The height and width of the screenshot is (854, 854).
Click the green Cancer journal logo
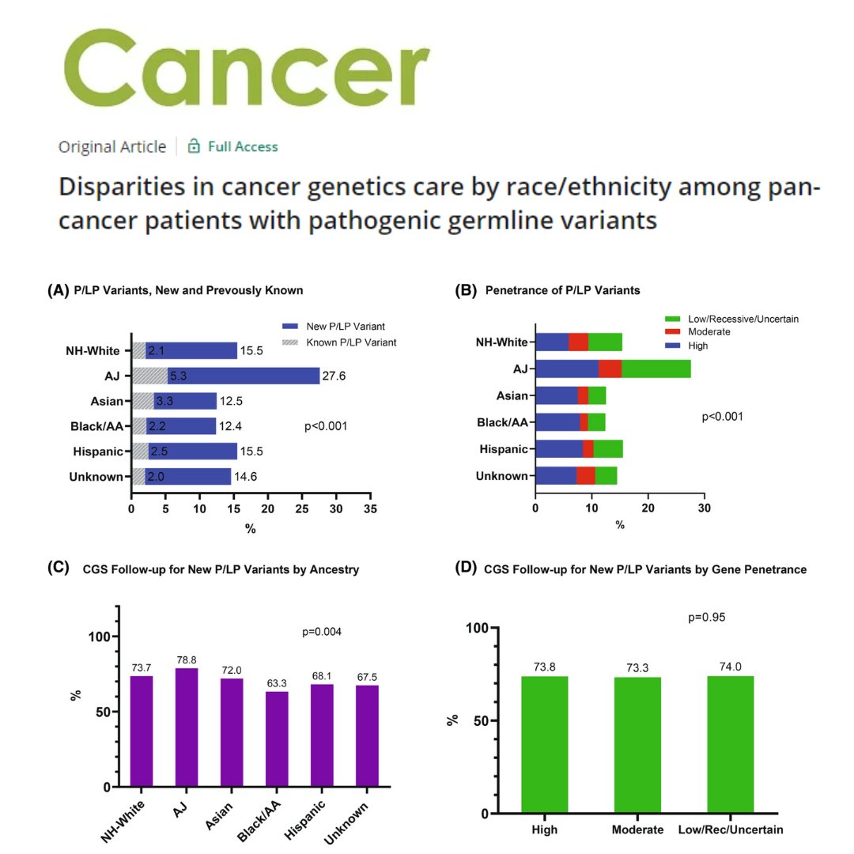(244, 71)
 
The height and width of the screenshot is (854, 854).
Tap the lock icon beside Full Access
(194, 146)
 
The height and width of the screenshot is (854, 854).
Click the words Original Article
(112, 146)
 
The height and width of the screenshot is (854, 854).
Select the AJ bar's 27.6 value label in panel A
(335, 376)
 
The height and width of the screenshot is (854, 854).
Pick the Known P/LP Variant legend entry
(338, 342)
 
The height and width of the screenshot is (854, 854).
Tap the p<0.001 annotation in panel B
(722, 417)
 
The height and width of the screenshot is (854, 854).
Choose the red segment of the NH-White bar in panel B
(578, 342)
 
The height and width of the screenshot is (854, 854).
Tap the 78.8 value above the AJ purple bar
(187, 659)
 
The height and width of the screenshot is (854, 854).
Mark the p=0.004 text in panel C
(322, 632)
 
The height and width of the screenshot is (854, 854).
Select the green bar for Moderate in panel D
(637, 745)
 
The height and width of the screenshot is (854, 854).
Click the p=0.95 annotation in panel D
(707, 617)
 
